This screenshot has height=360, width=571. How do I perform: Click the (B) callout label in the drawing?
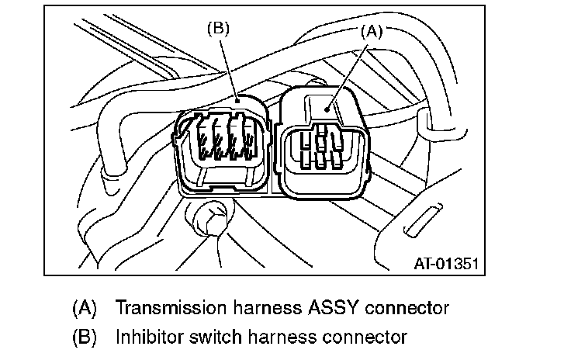tap(220, 29)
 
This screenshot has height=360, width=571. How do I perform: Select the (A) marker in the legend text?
tap(84, 308)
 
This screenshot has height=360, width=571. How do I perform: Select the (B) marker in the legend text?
tap(84, 337)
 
